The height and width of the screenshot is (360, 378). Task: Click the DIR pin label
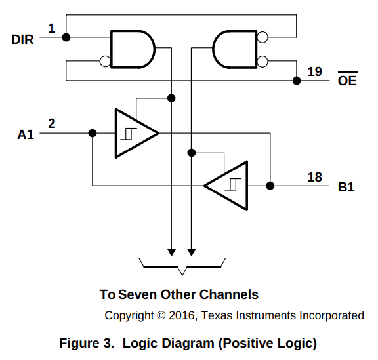(22, 39)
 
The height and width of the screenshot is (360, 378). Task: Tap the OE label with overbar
(347, 79)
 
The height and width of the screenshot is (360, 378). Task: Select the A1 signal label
(26, 134)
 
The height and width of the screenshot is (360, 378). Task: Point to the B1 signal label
(346, 187)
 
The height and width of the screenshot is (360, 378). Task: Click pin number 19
(314, 71)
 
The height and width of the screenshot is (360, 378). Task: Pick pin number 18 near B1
(314, 177)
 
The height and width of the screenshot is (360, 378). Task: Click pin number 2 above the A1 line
(52, 123)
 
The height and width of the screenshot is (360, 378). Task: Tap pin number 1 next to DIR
(52, 28)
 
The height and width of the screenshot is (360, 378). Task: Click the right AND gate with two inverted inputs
(235, 49)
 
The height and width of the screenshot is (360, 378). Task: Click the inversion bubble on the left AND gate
(105, 62)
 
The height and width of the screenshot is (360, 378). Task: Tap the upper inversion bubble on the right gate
(262, 37)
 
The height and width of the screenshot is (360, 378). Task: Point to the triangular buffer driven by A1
(136, 133)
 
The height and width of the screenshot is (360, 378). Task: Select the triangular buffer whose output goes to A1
(226, 186)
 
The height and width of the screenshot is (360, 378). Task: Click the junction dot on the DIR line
(66, 37)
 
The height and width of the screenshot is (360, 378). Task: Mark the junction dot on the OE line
(297, 81)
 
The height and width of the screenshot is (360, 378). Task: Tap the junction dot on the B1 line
(270, 186)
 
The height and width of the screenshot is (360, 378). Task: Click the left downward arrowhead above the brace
(171, 252)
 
